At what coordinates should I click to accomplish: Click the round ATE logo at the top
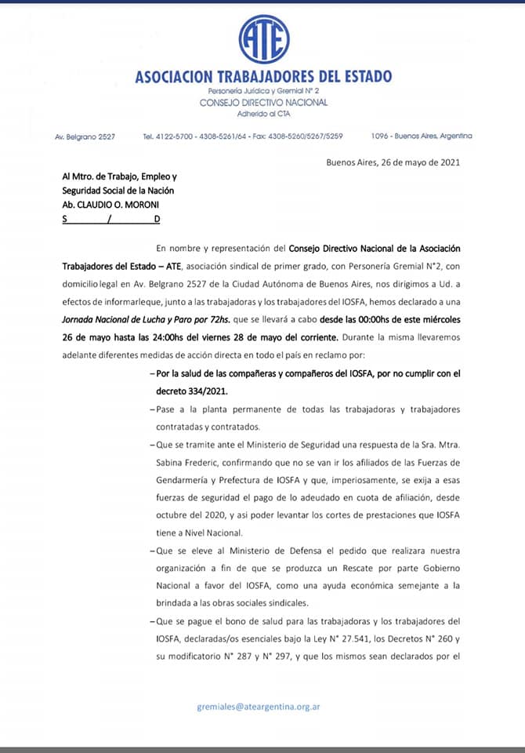pyautogui.click(x=264, y=39)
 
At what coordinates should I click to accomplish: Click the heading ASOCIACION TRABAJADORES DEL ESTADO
pyautogui.click(x=263, y=77)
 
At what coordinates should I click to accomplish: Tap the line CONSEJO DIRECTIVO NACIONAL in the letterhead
pyautogui.click(x=263, y=103)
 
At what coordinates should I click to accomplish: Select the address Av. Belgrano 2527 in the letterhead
pyautogui.click(x=85, y=136)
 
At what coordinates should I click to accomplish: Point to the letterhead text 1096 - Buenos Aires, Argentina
pyautogui.click(x=422, y=136)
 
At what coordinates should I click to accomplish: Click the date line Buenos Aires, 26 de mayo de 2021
pyautogui.click(x=393, y=163)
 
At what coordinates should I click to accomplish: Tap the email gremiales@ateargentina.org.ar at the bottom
pyautogui.click(x=258, y=706)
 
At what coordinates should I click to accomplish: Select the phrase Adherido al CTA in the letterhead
pyautogui.click(x=263, y=113)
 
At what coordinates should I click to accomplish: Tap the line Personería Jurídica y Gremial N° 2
pyautogui.click(x=263, y=92)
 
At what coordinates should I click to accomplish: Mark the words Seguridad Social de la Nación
pyautogui.click(x=118, y=191)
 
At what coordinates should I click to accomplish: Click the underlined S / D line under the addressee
pyautogui.click(x=110, y=220)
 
